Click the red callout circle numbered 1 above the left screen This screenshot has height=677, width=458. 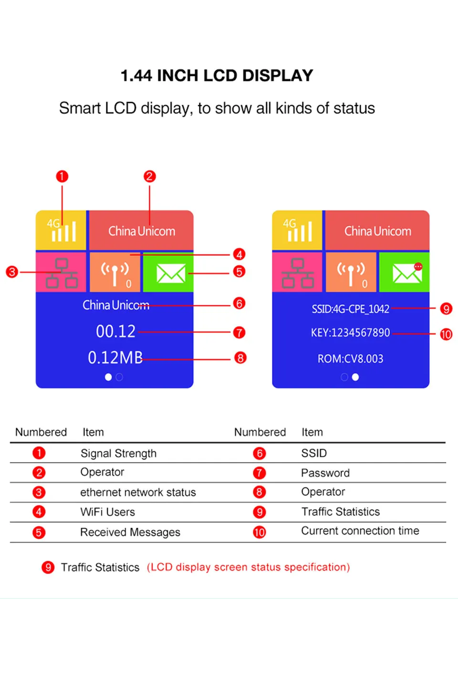tap(62, 176)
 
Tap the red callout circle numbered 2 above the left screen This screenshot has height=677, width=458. tap(149, 176)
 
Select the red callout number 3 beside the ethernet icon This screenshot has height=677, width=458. tap(12, 272)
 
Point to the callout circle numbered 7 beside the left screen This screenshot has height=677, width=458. tap(239, 332)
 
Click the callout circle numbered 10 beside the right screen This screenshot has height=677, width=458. tap(446, 334)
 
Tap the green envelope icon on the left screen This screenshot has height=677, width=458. tap(170, 273)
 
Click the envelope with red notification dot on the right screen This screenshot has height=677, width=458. tap(406, 273)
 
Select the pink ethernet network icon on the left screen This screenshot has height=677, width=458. tap(62, 273)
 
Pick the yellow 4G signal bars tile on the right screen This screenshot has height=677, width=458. tap(298, 230)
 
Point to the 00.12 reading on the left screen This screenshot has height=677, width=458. tap(115, 331)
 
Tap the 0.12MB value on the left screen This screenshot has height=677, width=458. tap(115, 358)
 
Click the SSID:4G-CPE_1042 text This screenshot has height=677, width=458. tap(350, 309)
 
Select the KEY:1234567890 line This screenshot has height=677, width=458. tap(350, 333)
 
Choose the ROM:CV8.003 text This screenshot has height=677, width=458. tap(350, 359)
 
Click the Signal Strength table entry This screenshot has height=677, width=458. tap(118, 453)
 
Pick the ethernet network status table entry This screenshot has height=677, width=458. tap(138, 492)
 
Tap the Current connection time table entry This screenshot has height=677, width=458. tap(360, 531)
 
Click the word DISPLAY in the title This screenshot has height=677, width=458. tap(277, 76)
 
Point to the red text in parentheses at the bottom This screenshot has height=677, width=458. tap(248, 567)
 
